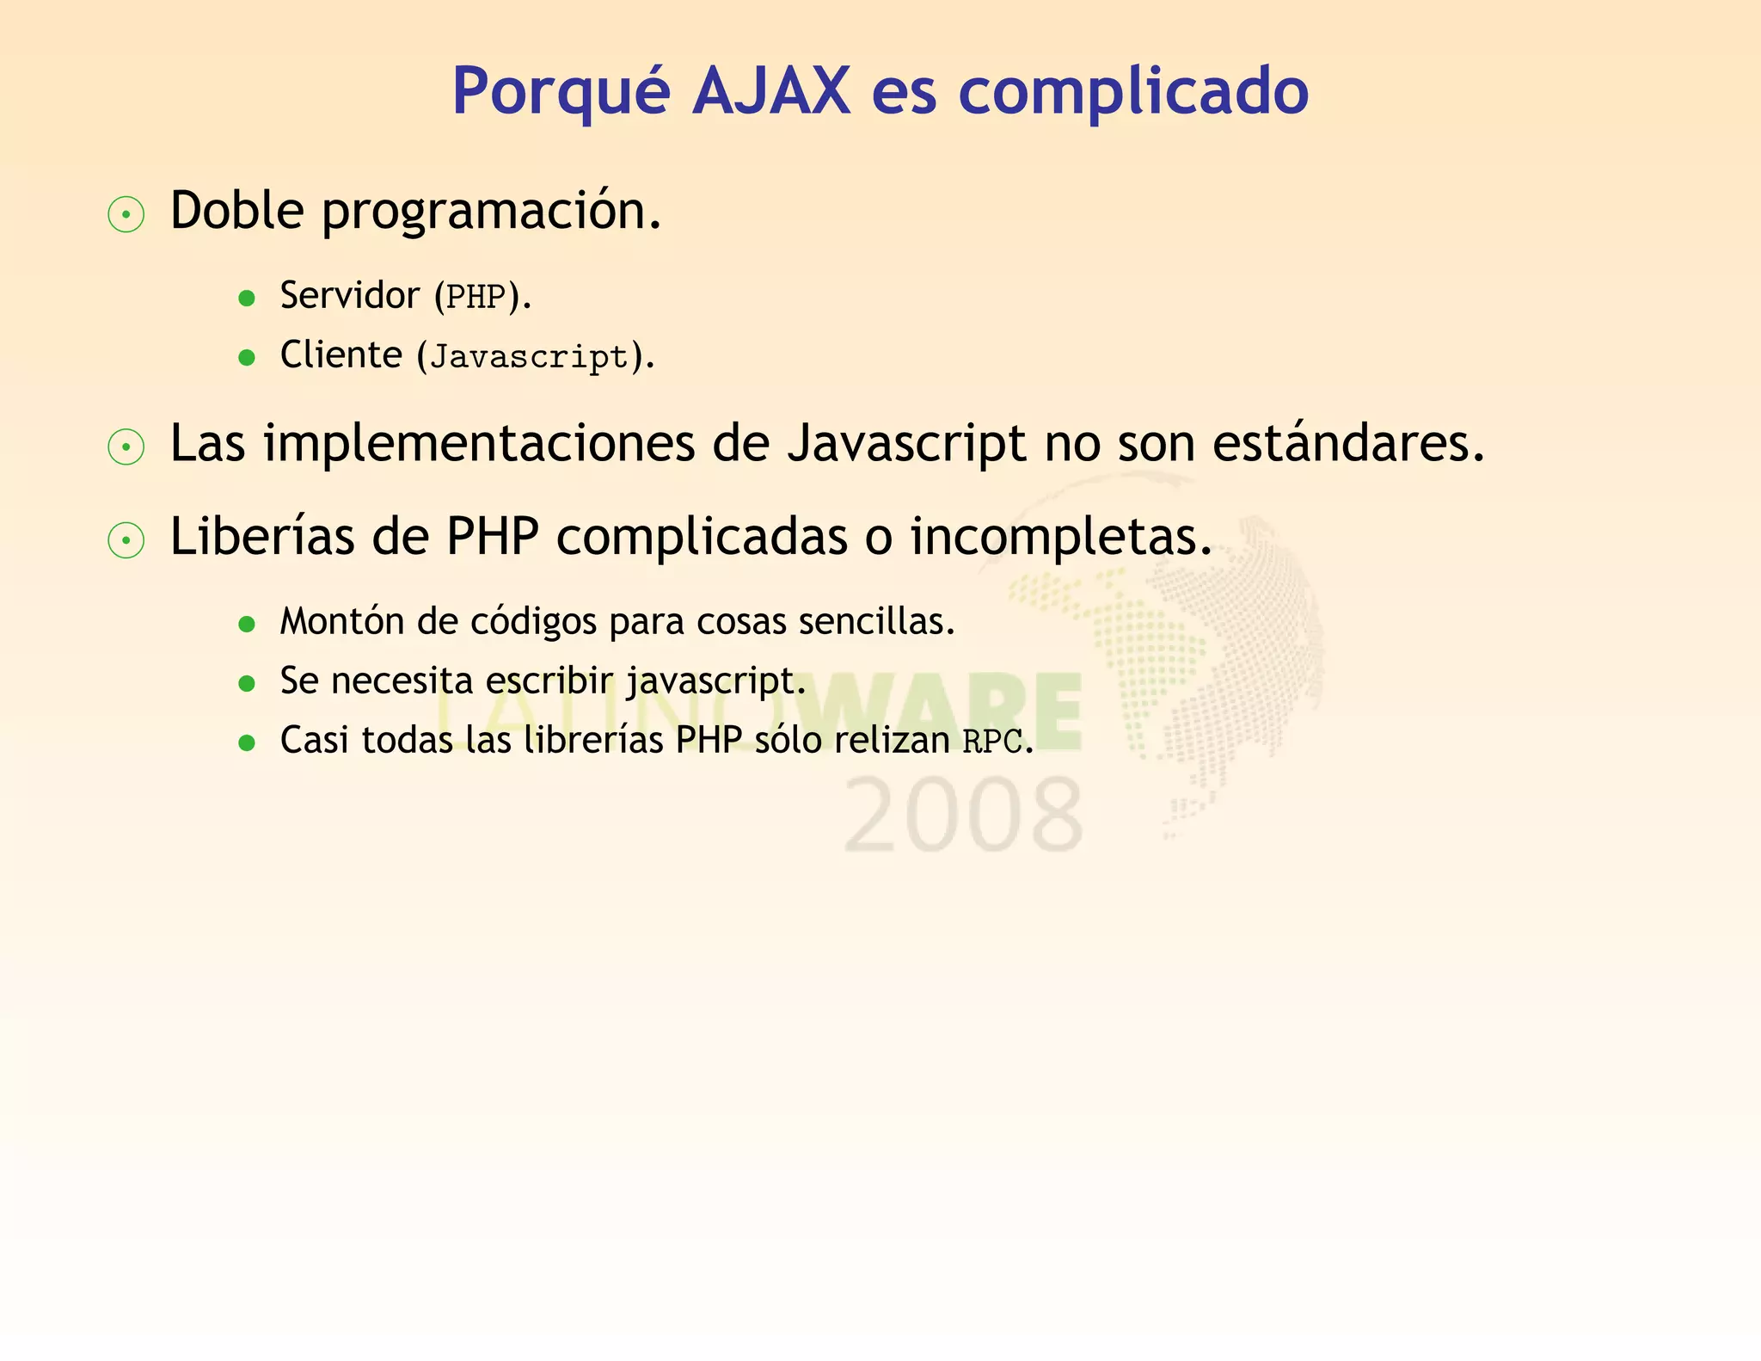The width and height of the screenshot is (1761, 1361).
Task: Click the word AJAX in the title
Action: pos(771,90)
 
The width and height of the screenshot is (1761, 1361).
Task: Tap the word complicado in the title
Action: pos(1132,92)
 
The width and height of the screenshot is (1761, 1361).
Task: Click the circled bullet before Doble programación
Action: pos(126,214)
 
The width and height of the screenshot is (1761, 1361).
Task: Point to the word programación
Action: pos(491,212)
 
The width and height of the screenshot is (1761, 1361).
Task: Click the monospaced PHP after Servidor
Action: pos(476,297)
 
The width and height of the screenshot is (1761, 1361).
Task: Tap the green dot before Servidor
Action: pos(247,299)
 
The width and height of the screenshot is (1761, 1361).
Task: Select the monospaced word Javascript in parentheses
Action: pos(529,357)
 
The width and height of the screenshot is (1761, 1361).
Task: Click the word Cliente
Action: pos(341,355)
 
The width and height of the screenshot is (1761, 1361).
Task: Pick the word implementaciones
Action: pos(479,444)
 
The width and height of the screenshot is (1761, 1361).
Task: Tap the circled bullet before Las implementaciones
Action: pos(126,447)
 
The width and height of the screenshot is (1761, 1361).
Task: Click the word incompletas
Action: pos(1060,537)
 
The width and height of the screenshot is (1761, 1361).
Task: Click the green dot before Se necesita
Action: pos(247,684)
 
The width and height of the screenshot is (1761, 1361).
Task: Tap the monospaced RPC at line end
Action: pos(992,742)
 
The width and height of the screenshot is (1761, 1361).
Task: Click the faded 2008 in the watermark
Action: pos(963,816)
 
